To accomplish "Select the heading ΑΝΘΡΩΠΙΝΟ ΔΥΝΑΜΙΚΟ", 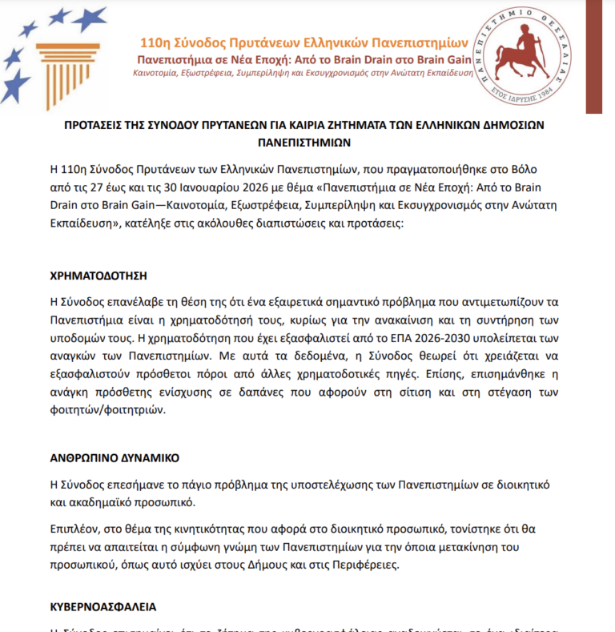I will [x=114, y=459].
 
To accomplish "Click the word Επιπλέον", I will [x=74, y=531].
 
